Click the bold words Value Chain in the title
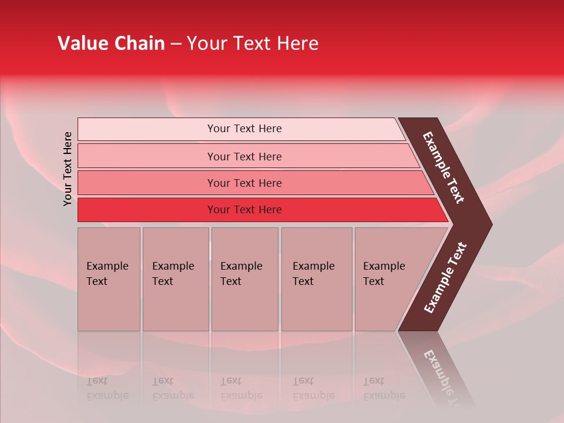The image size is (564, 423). coord(111,43)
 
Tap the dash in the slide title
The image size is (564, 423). coord(176,44)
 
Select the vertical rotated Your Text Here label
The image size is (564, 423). coord(68,169)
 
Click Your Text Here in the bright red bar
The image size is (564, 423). coord(244,210)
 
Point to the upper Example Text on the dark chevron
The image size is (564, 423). coord(444,167)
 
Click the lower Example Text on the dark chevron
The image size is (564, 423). coord(445,277)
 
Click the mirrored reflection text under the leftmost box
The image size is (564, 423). coord(107,388)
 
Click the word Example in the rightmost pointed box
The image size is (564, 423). coord(384,266)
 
